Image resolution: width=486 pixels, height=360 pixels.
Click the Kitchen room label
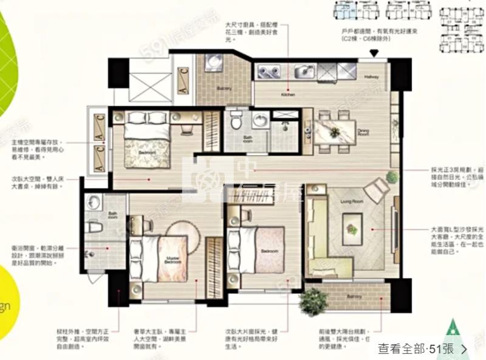(x=287, y=95)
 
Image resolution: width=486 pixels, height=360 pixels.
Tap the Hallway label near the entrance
(x=371, y=77)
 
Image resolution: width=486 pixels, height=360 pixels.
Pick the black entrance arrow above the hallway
(x=374, y=54)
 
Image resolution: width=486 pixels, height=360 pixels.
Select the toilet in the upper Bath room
(x=236, y=122)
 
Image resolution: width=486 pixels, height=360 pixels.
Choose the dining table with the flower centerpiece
(x=335, y=132)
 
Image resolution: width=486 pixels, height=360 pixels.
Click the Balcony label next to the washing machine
(x=224, y=89)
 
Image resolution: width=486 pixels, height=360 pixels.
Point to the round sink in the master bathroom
(x=93, y=202)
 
